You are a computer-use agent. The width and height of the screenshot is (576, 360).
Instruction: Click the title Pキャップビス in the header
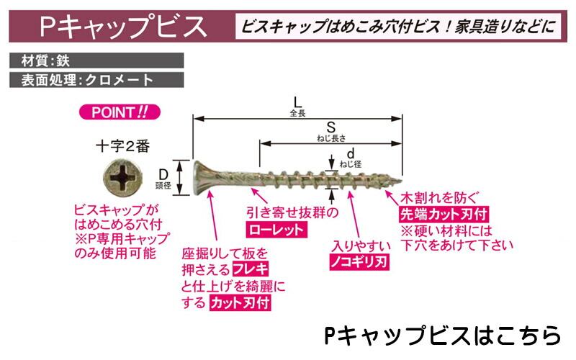(123, 27)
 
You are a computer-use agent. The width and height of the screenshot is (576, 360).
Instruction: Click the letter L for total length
(296, 102)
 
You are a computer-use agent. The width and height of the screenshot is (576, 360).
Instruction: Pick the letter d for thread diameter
(351, 153)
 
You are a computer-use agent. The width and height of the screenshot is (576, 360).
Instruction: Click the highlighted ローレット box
(276, 230)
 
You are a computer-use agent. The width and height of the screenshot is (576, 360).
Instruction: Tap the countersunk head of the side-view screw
(202, 176)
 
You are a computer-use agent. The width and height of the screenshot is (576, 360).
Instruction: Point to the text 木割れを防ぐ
(438, 197)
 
